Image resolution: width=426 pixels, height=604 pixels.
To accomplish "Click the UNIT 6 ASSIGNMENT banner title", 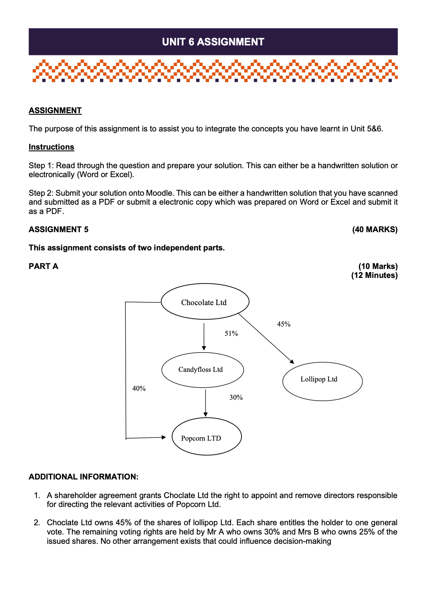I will coord(213,42).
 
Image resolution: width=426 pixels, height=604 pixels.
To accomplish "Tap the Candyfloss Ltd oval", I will coord(202,370).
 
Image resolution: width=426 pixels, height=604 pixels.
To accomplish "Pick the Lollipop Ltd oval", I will coord(322,381).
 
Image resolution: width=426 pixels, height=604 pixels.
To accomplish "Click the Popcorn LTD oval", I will coord(206,436).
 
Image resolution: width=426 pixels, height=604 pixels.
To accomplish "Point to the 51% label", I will coord(231,333).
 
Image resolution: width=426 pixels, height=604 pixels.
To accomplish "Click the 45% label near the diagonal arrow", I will coord(284,324).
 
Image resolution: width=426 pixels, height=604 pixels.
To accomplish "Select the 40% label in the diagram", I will coord(139,388).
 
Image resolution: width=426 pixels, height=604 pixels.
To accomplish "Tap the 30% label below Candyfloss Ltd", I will coord(236,397).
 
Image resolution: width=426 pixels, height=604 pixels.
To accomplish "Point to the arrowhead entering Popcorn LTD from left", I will coord(164,437).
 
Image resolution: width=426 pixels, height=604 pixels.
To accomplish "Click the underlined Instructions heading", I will coord(51,147).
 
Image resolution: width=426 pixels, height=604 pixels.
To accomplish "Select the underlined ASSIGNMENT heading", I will coord(55,110).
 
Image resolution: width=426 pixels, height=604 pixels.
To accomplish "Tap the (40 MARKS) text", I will coord(375,229).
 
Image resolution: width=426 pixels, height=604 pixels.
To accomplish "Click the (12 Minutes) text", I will coord(374,275).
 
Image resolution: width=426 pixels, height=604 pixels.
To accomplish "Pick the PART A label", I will coord(43,266).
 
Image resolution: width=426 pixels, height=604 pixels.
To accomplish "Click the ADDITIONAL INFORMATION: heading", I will coord(83,477).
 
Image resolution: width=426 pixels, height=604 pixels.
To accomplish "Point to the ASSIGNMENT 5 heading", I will coord(58,229).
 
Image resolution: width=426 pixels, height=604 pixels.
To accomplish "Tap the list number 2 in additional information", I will coord(37,523).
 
